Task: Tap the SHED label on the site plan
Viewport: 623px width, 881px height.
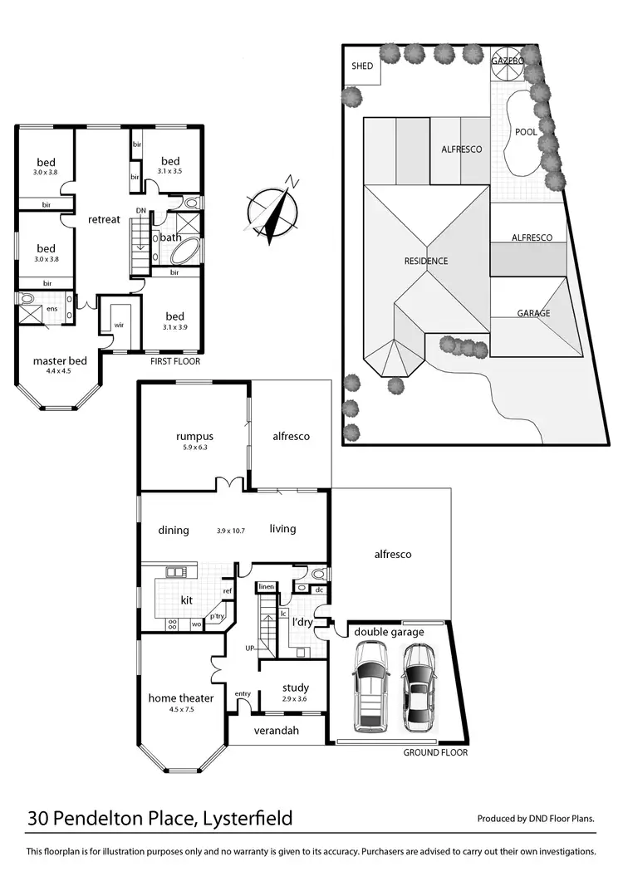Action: tap(362, 66)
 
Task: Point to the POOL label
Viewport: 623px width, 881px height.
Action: tap(525, 131)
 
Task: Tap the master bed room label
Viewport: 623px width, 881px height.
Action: tap(60, 361)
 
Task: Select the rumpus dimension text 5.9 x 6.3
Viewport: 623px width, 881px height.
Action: tap(195, 448)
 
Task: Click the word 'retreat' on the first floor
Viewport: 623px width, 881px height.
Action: tap(105, 219)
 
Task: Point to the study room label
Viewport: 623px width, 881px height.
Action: tap(295, 688)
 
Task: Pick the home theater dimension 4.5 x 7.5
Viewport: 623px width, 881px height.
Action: tap(180, 710)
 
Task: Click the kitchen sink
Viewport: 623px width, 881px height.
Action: tap(174, 572)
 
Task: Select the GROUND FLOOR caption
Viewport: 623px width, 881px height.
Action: tap(435, 752)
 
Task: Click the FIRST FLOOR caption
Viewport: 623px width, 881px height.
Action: tap(174, 361)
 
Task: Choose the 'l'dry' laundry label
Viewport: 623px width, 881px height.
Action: tap(300, 623)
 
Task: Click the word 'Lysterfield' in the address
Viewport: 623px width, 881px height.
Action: tap(246, 819)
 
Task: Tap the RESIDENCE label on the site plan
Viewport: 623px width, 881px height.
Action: tap(426, 261)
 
